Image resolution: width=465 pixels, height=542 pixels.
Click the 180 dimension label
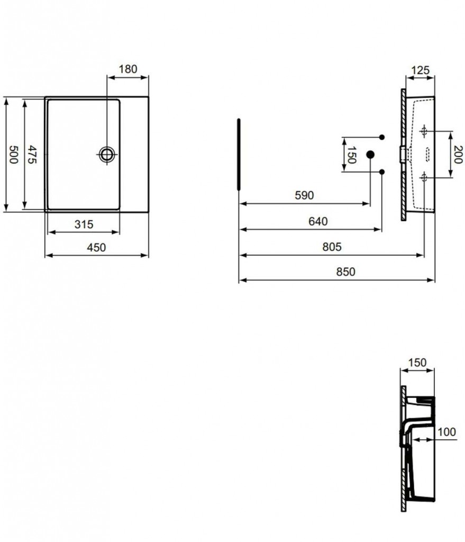(128, 69)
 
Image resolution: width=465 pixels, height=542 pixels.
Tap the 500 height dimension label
(13, 155)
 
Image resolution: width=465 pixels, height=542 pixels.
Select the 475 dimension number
(32, 155)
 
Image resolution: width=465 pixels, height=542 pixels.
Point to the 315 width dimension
(84, 224)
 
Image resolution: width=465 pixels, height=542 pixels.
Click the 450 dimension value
(96, 248)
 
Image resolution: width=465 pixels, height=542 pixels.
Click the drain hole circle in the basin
(107, 155)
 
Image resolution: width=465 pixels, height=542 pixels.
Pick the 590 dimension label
(304, 195)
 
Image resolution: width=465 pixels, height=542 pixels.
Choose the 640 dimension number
(318, 221)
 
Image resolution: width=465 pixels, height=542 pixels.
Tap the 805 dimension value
(332, 247)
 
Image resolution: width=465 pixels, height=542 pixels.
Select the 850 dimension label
(346, 272)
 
